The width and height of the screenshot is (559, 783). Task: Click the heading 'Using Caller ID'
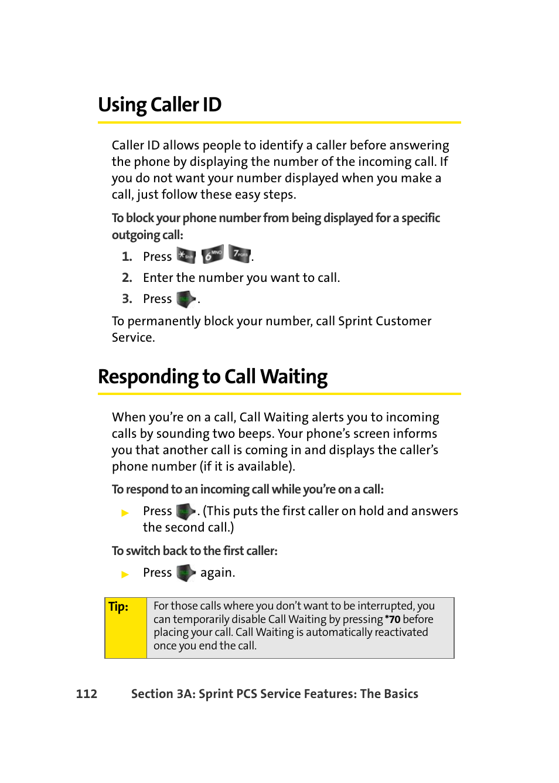click(159, 105)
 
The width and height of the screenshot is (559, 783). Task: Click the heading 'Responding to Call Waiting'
click(213, 377)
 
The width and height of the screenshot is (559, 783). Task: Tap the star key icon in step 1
click(186, 256)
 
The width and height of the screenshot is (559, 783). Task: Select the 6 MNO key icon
click(212, 254)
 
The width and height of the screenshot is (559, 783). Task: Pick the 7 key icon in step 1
click(239, 254)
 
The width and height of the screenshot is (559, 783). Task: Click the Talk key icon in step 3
click(186, 299)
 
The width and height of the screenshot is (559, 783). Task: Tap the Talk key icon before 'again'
click(186, 573)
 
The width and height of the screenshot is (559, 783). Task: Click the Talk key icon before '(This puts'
click(186, 511)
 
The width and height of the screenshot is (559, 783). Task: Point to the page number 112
click(87, 694)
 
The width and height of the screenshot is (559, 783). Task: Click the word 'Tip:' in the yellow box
click(118, 607)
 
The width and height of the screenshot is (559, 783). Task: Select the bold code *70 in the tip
click(393, 619)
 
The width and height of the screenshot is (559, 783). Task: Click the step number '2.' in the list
click(127, 278)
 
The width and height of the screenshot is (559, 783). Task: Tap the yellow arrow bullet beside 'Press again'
click(125, 574)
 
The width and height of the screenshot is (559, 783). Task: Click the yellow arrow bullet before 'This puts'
click(125, 513)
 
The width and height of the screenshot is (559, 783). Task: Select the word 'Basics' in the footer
click(401, 694)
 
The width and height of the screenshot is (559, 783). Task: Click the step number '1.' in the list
click(127, 257)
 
